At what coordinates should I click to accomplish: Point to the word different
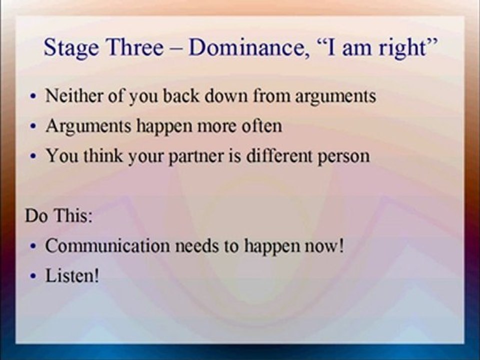point(279,155)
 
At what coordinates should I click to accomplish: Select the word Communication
point(107,245)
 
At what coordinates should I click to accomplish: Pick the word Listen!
point(72,275)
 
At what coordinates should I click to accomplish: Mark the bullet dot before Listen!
point(33,276)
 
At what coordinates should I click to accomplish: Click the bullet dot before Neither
point(33,96)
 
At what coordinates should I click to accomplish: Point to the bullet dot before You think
point(33,156)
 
